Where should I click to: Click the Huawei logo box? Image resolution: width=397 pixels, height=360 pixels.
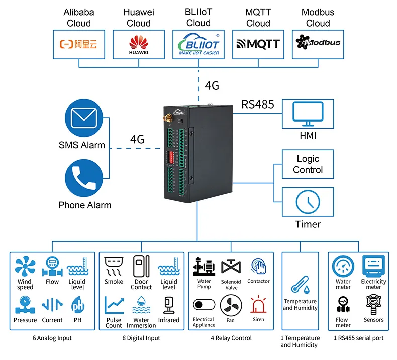click(x=139, y=44)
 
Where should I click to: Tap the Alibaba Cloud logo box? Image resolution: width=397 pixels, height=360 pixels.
click(x=79, y=44)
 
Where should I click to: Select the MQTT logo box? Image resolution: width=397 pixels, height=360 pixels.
click(x=258, y=44)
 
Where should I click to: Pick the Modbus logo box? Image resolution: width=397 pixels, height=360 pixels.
click(x=318, y=44)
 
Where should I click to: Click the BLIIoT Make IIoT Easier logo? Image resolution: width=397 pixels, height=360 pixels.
click(x=198, y=44)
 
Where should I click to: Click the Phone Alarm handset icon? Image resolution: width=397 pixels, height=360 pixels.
click(x=82, y=180)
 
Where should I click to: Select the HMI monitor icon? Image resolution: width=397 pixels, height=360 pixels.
click(x=308, y=114)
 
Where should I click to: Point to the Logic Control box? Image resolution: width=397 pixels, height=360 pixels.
click(x=308, y=164)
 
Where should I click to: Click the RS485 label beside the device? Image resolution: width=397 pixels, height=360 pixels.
click(x=258, y=104)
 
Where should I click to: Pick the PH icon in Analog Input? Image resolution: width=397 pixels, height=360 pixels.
click(x=78, y=305)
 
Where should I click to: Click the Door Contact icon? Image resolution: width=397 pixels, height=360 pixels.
click(x=141, y=266)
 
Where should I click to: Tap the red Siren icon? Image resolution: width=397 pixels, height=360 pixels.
click(x=258, y=305)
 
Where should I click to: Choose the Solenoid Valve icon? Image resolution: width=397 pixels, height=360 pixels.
click(x=231, y=267)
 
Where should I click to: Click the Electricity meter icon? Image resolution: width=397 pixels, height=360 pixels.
click(x=373, y=266)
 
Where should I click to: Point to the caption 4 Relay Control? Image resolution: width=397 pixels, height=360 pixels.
click(x=231, y=338)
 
